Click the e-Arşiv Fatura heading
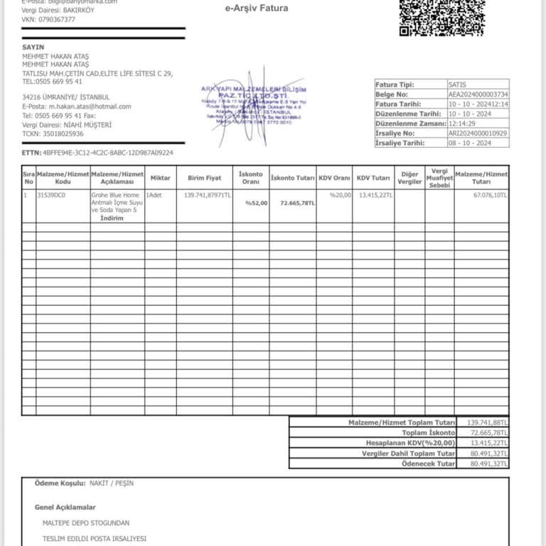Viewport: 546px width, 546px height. [257, 9]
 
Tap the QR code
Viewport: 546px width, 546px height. [441, 14]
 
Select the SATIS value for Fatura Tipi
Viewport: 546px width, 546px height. [459, 84]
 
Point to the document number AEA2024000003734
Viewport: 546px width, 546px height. [478, 94]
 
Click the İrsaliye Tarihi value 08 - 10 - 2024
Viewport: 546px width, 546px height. [470, 143]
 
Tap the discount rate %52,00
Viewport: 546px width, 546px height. [257, 203]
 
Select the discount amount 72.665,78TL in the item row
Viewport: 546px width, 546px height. [298, 203]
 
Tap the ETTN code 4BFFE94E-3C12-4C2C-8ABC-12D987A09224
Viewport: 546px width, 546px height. [108, 153]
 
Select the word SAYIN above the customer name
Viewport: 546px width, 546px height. [33, 47]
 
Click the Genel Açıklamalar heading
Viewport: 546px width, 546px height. [65, 507]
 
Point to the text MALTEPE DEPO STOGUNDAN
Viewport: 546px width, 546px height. [86, 523]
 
